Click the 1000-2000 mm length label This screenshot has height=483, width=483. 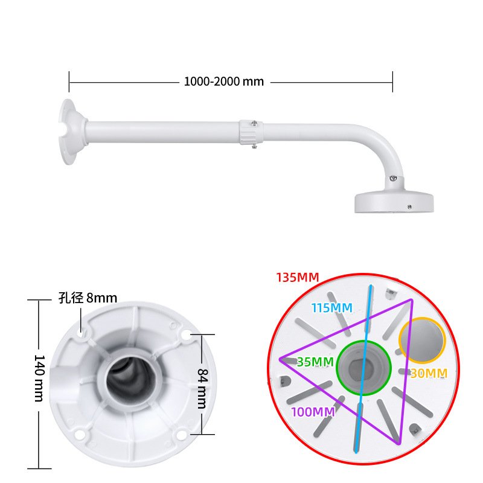pyautogui.click(x=224, y=82)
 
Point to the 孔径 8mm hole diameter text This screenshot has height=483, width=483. pyautogui.click(x=88, y=298)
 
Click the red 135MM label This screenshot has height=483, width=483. pyautogui.click(x=298, y=278)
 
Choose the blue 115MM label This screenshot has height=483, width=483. pyautogui.click(x=331, y=308)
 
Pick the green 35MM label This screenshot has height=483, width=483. pyautogui.click(x=315, y=362)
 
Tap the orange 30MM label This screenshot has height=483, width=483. pyautogui.click(x=429, y=374)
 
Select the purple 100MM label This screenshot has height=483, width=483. pyautogui.click(x=313, y=412)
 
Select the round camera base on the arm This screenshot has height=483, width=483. pyautogui.click(x=394, y=203)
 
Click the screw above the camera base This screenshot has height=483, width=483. pyautogui.click(x=393, y=179)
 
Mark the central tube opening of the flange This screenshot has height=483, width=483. pyautogui.click(x=129, y=383)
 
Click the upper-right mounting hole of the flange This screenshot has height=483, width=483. pyautogui.click(x=185, y=333)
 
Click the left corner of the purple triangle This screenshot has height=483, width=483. pyautogui.click(x=281, y=360)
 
